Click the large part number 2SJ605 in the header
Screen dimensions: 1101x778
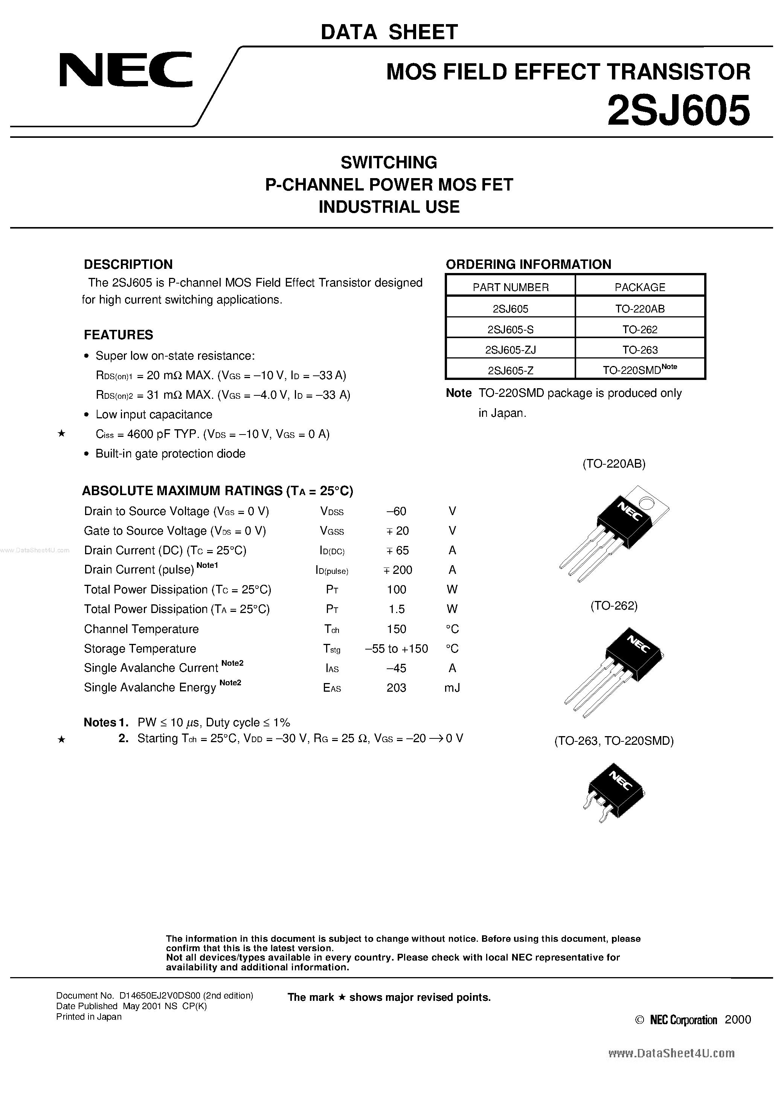[678, 110]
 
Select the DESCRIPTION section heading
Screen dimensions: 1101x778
[128, 264]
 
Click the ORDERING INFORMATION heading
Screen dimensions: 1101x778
[528, 264]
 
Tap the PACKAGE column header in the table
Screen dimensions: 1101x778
[640, 287]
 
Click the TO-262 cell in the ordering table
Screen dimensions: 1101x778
[640, 329]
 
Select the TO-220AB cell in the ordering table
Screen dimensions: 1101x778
[640, 309]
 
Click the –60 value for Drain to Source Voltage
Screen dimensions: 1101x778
[396, 511]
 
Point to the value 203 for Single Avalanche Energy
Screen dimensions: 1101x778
[396, 688]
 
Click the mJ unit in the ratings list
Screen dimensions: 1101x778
[452, 688]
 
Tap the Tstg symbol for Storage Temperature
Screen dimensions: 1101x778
[332, 649]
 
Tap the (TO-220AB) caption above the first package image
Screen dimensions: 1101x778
[614, 464]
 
